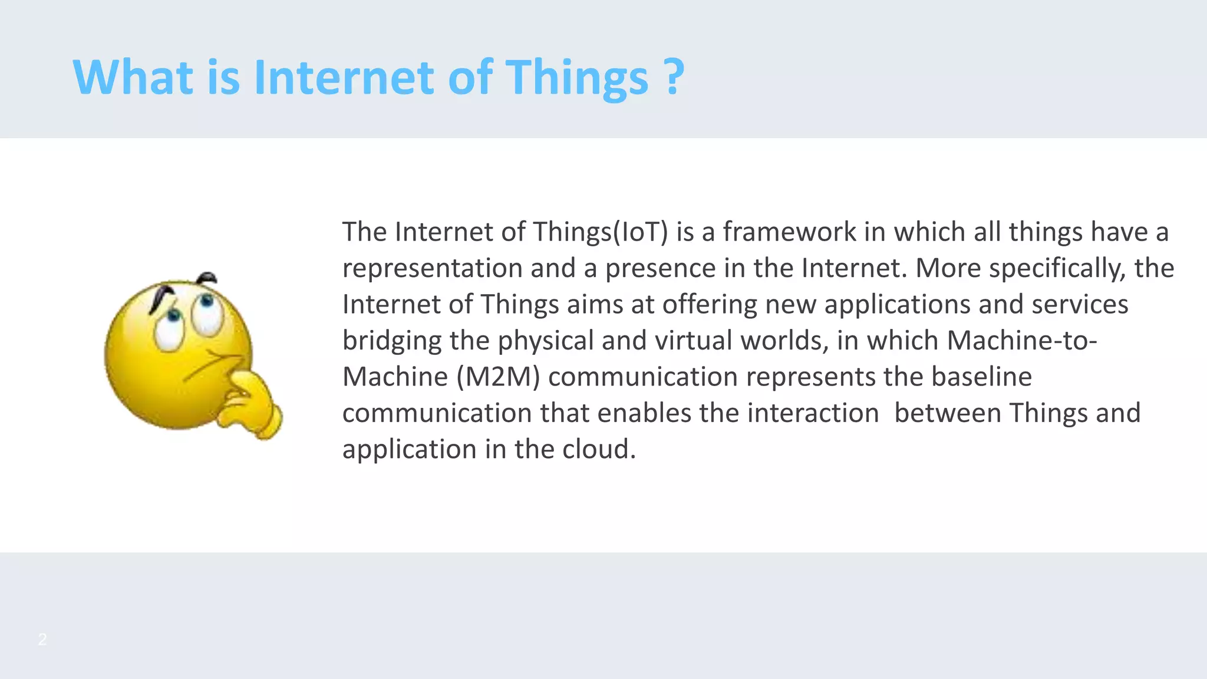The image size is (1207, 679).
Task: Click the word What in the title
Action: pyautogui.click(x=133, y=78)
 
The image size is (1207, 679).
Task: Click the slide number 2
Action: pyautogui.click(x=42, y=640)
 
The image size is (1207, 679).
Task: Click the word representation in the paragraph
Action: pyautogui.click(x=433, y=269)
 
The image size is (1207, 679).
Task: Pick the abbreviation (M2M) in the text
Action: pyautogui.click(x=499, y=377)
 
